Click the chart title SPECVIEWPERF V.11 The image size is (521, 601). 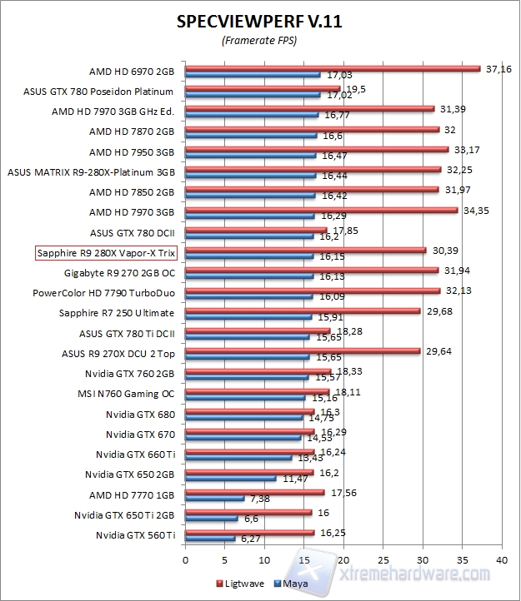pyautogui.click(x=259, y=22)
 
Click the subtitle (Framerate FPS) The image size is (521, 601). pyautogui.click(x=259, y=41)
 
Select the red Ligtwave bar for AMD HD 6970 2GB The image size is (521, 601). pyautogui.click(x=333, y=68)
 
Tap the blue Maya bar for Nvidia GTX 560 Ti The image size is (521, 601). pyautogui.click(x=210, y=539)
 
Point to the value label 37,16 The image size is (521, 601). pyautogui.click(x=498, y=68)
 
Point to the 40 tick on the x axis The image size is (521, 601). pyautogui.click(x=501, y=559)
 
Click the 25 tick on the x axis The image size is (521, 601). pyautogui.click(x=383, y=559)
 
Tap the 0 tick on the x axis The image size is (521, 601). pyautogui.click(x=186, y=559)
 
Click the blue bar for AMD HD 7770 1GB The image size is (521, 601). pyautogui.click(x=215, y=499)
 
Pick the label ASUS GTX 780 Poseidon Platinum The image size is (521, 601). pyautogui.click(x=98, y=92)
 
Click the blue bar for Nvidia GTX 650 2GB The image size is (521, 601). pyautogui.click(x=231, y=479)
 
